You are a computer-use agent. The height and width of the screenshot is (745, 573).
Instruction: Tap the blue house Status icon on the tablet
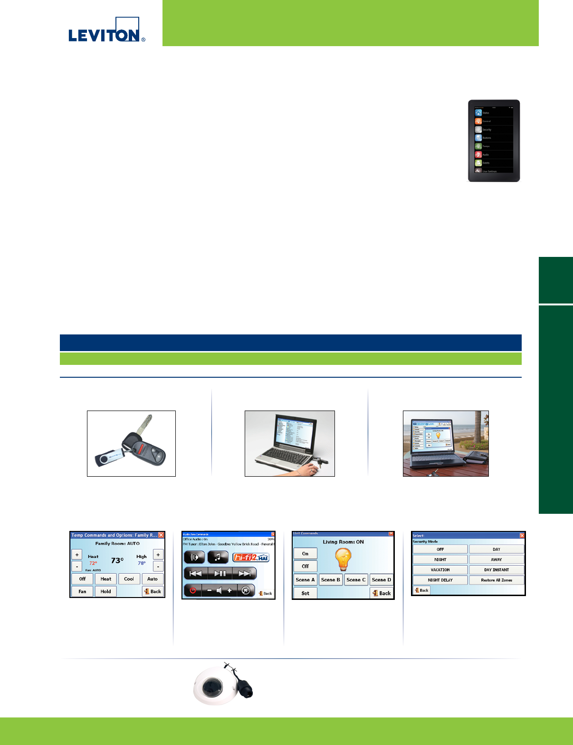click(x=478, y=113)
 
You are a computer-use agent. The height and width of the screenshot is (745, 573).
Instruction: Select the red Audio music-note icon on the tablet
click(x=478, y=155)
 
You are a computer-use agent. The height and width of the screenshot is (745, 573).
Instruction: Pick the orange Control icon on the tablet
click(x=478, y=121)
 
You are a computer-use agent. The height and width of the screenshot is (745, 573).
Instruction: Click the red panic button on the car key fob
click(x=141, y=447)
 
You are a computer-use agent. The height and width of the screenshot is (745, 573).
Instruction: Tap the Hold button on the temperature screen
click(x=105, y=591)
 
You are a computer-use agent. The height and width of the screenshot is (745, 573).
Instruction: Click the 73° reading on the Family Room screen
click(x=117, y=560)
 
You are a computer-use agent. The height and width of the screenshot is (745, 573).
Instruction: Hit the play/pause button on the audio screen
click(x=220, y=573)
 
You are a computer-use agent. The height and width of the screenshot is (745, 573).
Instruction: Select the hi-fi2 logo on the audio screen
click(x=251, y=557)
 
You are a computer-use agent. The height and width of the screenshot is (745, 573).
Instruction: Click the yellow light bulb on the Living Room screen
click(x=343, y=559)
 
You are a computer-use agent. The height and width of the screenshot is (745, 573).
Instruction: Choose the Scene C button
click(x=356, y=579)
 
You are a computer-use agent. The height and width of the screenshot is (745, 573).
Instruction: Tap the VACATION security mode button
click(x=440, y=569)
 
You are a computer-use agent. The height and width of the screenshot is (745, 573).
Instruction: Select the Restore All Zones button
click(x=496, y=580)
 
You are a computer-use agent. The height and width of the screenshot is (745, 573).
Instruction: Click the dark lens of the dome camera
click(x=210, y=687)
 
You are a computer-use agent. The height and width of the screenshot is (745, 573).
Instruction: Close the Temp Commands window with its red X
click(x=161, y=535)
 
